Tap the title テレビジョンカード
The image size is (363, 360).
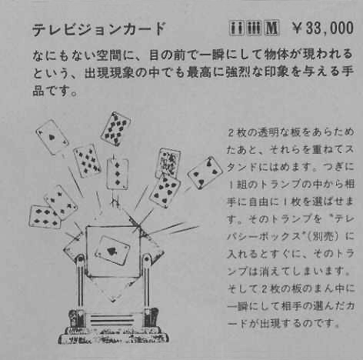coord(98,30)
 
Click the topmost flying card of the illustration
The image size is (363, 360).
coord(115,128)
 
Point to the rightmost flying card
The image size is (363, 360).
coord(205,173)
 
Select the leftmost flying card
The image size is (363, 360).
coord(45,216)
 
